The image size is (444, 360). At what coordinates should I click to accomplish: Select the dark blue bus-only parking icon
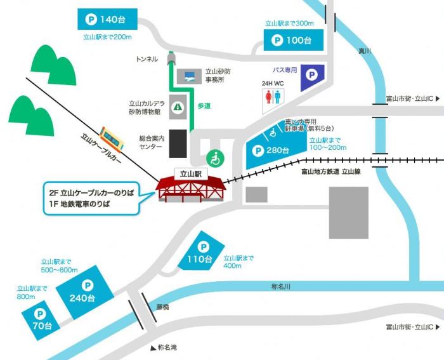tap(311, 75)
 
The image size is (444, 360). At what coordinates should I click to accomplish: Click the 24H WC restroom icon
tap(273, 96)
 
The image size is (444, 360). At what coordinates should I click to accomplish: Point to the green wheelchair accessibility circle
tap(216, 158)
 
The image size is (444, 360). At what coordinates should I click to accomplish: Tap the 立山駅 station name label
tap(191, 172)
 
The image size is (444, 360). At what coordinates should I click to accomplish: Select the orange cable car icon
tap(112, 138)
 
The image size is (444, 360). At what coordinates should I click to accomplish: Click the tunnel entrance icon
tap(171, 59)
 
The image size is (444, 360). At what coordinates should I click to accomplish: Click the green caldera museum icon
tap(180, 107)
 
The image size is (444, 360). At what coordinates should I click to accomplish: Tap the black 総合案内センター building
tap(178, 144)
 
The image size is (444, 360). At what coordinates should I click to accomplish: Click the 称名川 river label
tap(280, 287)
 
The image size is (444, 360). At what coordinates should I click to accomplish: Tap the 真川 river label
tap(363, 51)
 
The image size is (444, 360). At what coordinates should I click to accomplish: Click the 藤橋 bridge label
tap(163, 307)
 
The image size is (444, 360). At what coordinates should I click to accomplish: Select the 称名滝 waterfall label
tap(167, 348)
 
